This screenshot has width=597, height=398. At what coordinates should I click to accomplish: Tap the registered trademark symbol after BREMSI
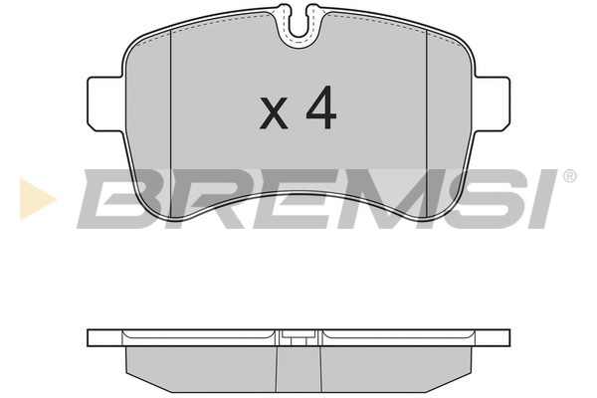[x=569, y=177]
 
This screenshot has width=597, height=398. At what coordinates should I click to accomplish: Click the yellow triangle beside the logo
[x=36, y=198]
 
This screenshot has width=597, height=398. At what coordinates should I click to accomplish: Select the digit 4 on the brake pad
[x=320, y=110]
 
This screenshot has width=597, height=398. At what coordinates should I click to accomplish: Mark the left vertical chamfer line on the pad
[x=172, y=99]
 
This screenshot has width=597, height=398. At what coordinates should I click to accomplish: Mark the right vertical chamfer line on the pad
[x=427, y=99]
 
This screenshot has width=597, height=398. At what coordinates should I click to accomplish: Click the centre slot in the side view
[x=298, y=340]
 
